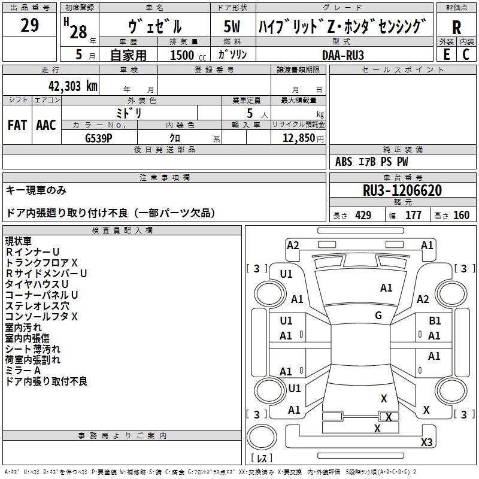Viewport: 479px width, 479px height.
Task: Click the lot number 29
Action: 30,26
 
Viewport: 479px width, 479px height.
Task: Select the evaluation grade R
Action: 457,28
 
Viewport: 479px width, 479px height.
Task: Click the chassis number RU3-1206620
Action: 402,191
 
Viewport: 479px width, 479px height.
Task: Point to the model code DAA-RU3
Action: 343,55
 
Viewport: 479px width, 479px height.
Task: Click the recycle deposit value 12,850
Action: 298,138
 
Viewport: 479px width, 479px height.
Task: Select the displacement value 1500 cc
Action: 183,55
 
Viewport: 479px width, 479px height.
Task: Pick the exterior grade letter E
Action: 446,54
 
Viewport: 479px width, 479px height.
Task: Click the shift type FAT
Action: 17,125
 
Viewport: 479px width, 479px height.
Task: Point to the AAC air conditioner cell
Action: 46,125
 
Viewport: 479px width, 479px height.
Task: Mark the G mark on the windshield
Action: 378,315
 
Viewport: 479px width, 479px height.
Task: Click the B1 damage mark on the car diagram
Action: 435,321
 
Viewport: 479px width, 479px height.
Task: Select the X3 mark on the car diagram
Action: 426,442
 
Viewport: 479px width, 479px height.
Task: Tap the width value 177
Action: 414,216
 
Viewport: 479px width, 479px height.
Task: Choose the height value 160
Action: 461,216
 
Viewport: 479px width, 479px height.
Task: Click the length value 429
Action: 363,216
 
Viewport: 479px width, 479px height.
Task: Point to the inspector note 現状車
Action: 19,241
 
